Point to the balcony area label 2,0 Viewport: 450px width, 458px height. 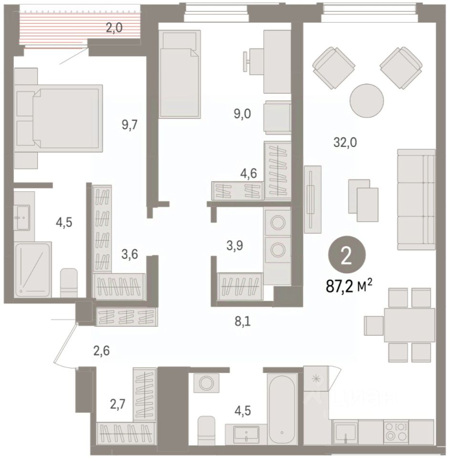coord(114,28)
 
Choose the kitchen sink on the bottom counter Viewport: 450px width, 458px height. coord(345,432)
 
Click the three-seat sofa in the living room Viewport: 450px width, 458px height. coord(416,199)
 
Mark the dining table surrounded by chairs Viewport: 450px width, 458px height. coord(409,325)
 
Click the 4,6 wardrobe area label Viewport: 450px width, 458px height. coord(248,173)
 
